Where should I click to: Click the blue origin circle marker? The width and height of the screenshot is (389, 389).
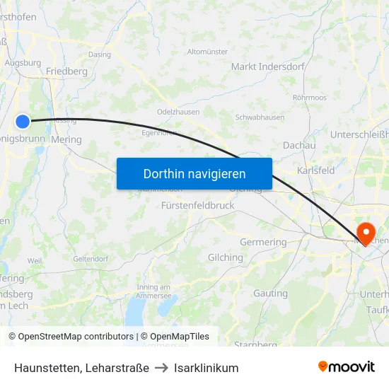coord(23,122)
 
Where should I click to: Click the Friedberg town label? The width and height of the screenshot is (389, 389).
coord(66,71)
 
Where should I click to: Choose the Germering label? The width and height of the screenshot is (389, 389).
coord(263,242)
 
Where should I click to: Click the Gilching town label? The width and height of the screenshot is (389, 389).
coord(225,257)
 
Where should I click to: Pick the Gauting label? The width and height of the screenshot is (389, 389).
coord(270,293)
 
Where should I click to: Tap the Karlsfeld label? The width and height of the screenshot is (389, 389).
coord(316,170)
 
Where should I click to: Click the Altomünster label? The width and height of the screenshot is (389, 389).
coord(207,52)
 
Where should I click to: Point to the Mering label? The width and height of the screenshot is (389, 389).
coord(66,139)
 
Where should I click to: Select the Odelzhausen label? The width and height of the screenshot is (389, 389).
coord(178,112)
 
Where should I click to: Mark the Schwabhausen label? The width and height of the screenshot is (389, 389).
coord(260,117)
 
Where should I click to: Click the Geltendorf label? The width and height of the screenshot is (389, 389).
coord(90,259)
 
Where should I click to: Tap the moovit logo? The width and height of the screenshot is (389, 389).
coord(347,366)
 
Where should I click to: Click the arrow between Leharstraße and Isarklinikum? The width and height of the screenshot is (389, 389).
coord(161,368)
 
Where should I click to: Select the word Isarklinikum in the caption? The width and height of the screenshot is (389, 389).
coord(206,368)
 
